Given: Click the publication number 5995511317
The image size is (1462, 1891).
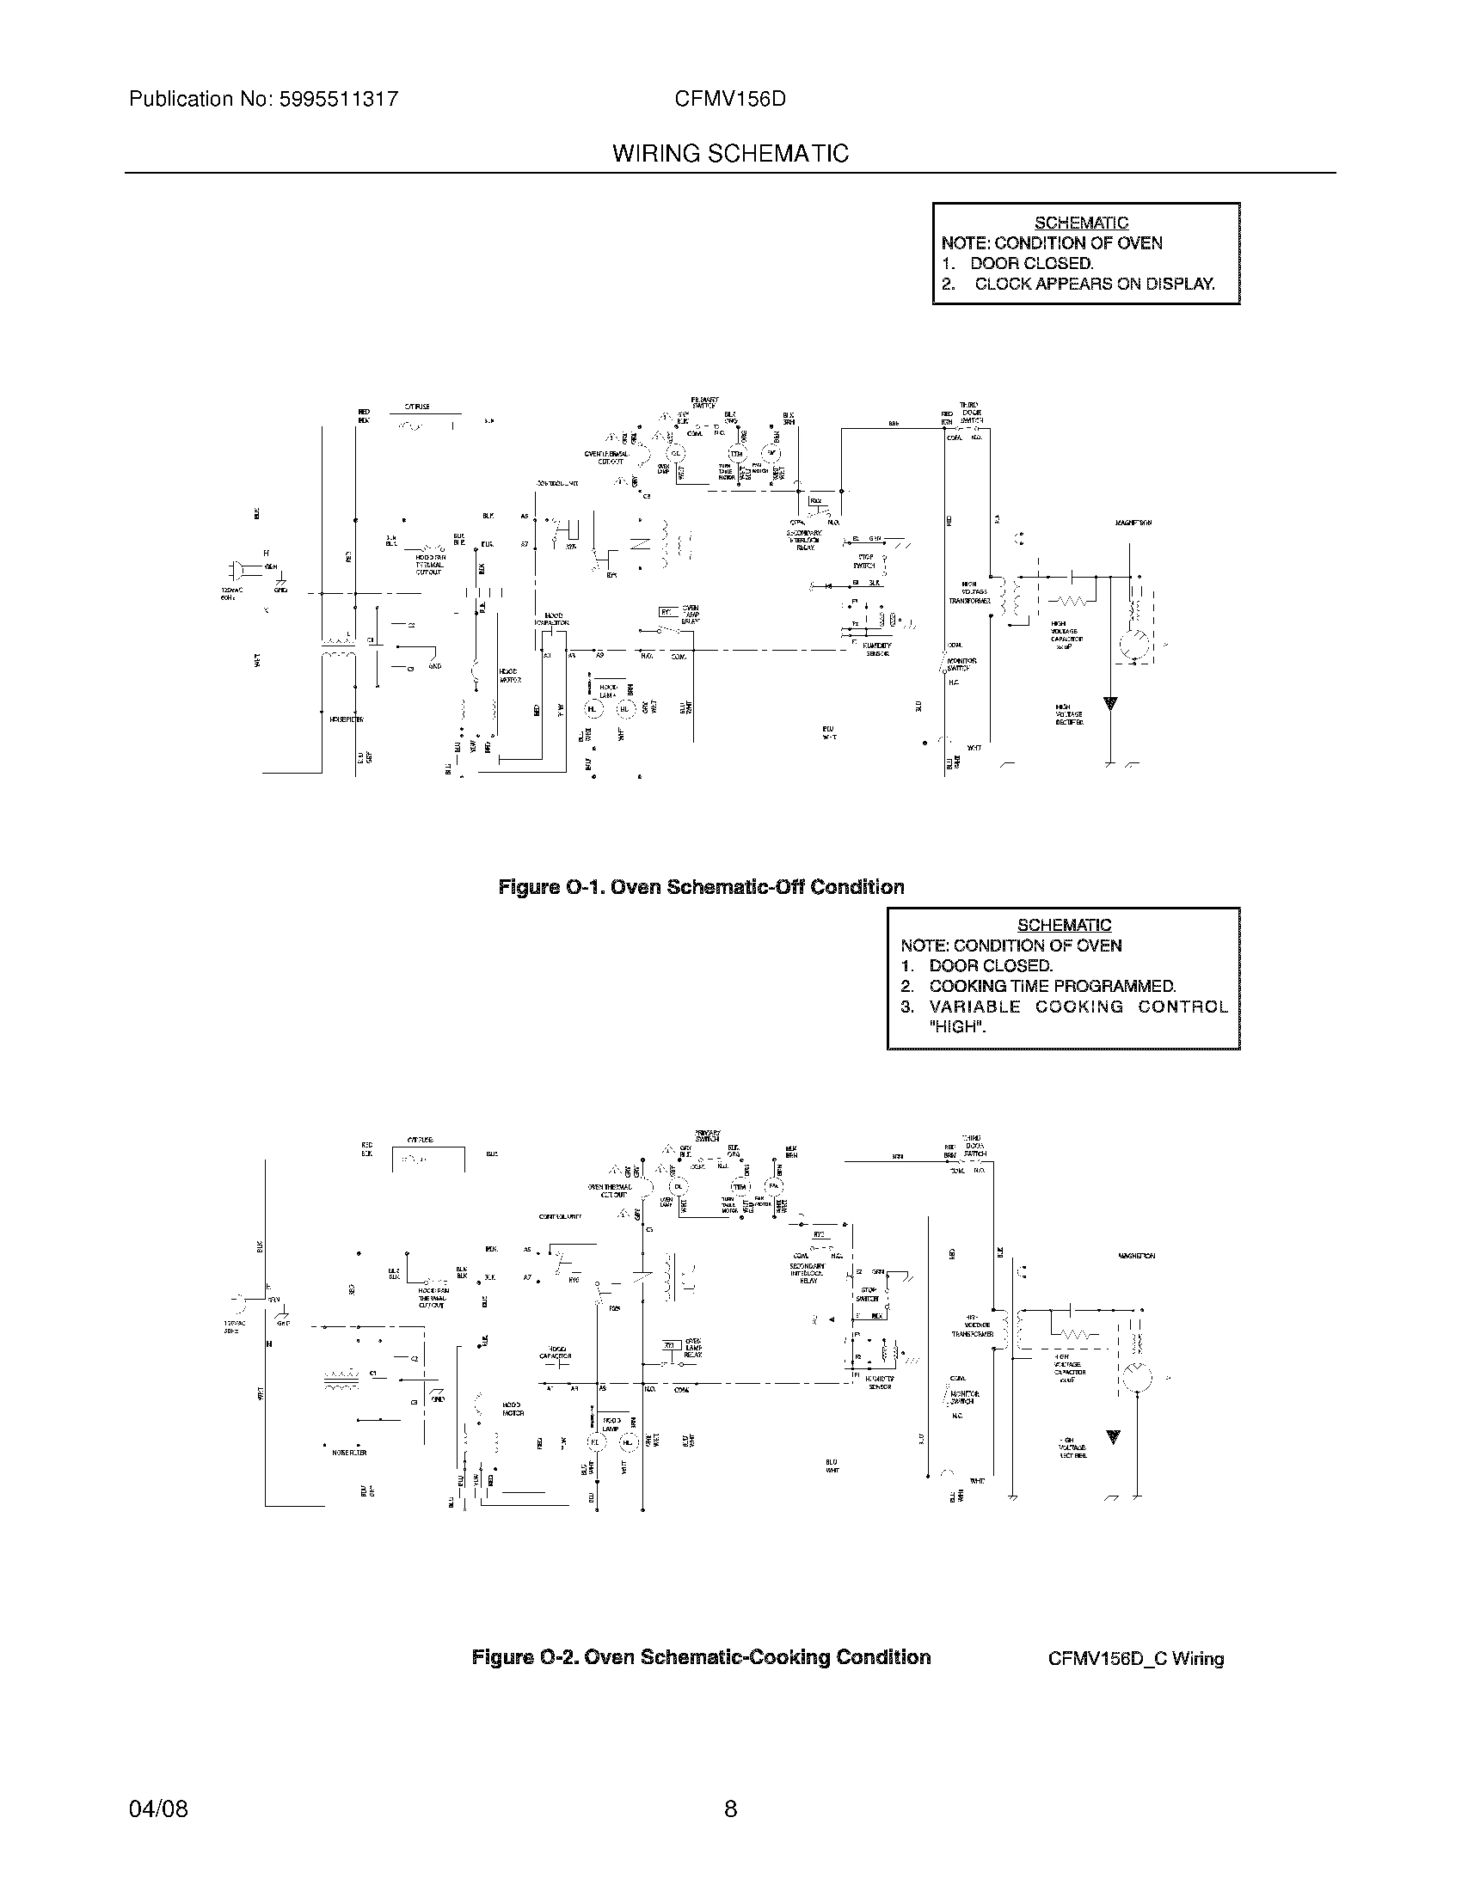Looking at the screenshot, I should tap(339, 99).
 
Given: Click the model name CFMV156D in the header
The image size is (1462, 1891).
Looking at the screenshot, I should tap(730, 99).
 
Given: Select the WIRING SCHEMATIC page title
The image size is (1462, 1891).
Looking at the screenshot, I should tap(730, 153).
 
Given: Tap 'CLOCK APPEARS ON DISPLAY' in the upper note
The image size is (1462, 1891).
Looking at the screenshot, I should tap(1094, 284).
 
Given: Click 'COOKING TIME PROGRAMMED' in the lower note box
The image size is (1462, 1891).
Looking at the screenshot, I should tap(1053, 986).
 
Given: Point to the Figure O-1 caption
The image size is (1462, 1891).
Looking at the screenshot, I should tap(701, 887).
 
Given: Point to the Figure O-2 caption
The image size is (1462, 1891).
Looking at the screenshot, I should tap(701, 1657).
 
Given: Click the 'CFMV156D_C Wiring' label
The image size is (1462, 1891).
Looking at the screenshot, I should tap(1135, 1659).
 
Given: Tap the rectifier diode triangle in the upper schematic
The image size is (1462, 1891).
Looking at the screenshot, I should tap(1109, 703).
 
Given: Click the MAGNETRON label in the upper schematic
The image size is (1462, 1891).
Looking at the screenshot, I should tap(1133, 523).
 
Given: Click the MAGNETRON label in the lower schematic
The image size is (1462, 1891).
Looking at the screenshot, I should tap(1135, 1256).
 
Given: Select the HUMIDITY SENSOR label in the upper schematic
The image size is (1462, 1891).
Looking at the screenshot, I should tap(878, 649).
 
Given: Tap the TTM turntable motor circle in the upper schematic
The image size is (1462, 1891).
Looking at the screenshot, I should tap(736, 454).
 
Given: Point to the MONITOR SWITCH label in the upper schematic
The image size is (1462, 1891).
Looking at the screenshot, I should tap(961, 664).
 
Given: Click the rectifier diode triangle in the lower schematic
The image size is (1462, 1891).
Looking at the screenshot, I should tap(1114, 1437).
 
